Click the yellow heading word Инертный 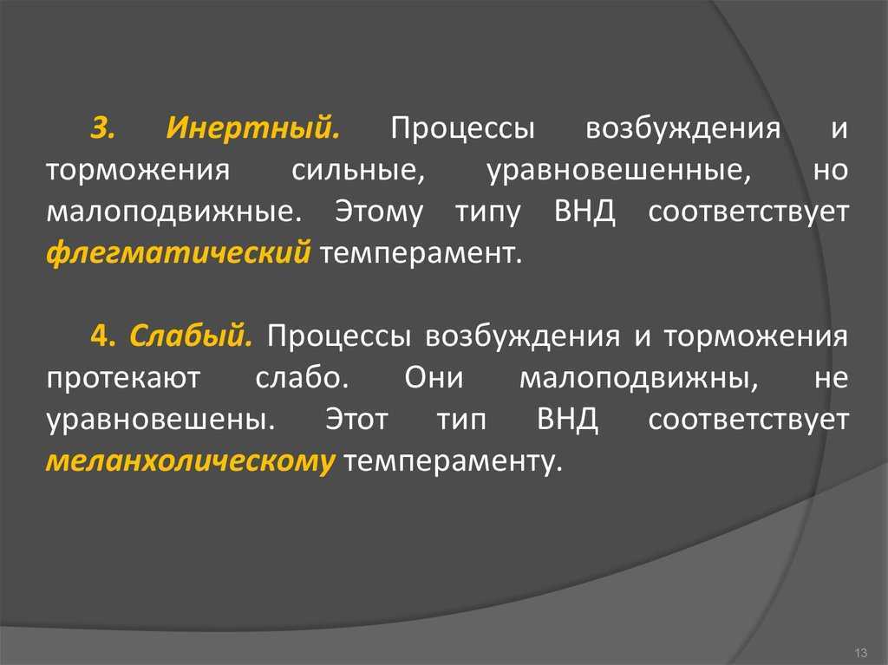[x=253, y=128]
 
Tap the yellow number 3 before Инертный [x=102, y=128]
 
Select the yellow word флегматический [x=179, y=252]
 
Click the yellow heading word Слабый [x=191, y=336]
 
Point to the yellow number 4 [x=102, y=336]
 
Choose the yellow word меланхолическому [x=190, y=461]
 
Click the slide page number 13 [x=861, y=653]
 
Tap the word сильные [x=358, y=170]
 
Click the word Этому [x=379, y=212]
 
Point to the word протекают [x=123, y=378]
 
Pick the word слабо [x=302, y=377]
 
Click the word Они [x=434, y=377]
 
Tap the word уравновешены [x=160, y=421]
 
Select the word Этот [x=356, y=420]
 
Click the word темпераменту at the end [x=454, y=462]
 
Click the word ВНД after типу [x=584, y=212]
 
